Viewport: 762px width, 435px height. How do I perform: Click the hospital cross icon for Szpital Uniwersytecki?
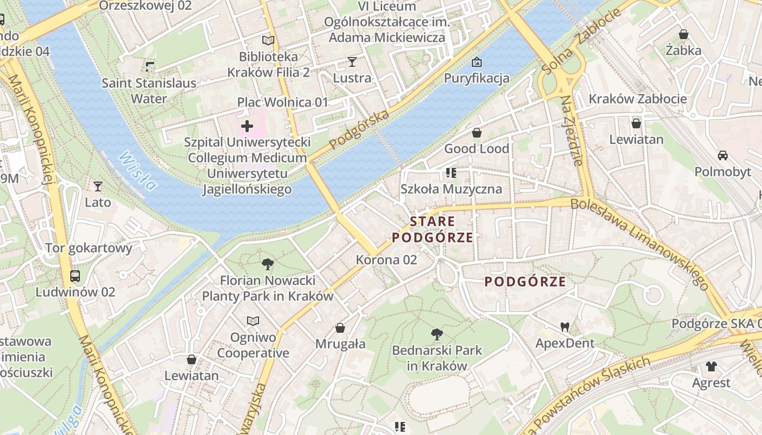point(247,127)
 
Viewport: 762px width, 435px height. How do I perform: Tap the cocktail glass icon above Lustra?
point(352,62)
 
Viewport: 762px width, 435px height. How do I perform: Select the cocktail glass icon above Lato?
point(98,187)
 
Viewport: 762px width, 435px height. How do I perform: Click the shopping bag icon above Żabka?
point(684,35)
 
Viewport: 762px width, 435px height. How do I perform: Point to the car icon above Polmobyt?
point(722,156)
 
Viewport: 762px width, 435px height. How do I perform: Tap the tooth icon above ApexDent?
point(565,327)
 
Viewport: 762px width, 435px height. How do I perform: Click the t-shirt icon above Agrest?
point(711,366)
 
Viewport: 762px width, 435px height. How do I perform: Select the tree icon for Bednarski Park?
point(437,334)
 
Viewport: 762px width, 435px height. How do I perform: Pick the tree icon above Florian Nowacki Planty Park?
point(267,265)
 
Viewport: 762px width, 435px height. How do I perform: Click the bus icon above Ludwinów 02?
point(75,276)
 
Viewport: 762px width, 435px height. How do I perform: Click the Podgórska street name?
point(360,128)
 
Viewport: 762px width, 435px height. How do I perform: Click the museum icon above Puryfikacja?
point(477,62)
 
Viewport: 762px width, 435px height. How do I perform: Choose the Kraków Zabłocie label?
point(638,99)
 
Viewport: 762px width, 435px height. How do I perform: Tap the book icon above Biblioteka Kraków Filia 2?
point(268,40)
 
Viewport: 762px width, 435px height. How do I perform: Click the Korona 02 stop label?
point(386,260)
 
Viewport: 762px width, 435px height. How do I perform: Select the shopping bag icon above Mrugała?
point(340,328)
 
